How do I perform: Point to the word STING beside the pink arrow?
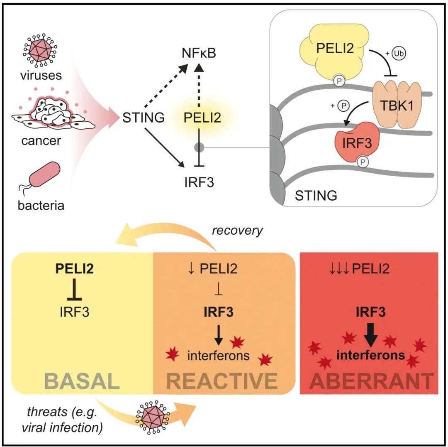click(x=144, y=118)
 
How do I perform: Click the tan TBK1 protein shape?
click(x=394, y=104)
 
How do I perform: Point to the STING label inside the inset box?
click(x=316, y=195)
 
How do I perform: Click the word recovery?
click(x=237, y=231)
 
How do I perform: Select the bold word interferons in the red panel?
click(x=370, y=355)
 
